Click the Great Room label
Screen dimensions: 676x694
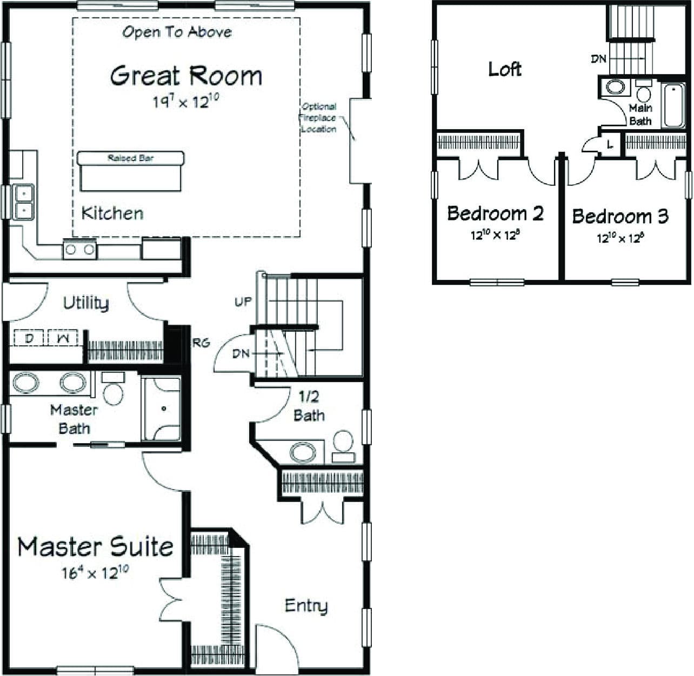(186, 76)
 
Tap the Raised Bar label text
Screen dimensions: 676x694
(130, 158)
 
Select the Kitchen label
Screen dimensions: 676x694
(112, 213)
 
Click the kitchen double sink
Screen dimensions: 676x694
(24, 201)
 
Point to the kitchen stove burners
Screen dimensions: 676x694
(80, 250)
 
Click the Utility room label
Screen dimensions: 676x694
(85, 303)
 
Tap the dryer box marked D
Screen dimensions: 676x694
(30, 338)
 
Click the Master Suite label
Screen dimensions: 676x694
(95, 547)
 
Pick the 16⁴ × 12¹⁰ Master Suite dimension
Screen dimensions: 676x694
(95, 572)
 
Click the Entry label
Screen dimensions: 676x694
(306, 606)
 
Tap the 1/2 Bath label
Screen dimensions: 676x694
(309, 406)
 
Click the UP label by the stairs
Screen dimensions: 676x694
(243, 302)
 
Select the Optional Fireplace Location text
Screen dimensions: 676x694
(319, 118)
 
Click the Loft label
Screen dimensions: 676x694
(505, 69)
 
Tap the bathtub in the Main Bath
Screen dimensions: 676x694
(673, 105)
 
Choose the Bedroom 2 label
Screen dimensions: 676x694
(495, 213)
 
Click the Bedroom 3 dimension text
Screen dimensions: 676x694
(620, 238)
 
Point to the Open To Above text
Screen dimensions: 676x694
(177, 32)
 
